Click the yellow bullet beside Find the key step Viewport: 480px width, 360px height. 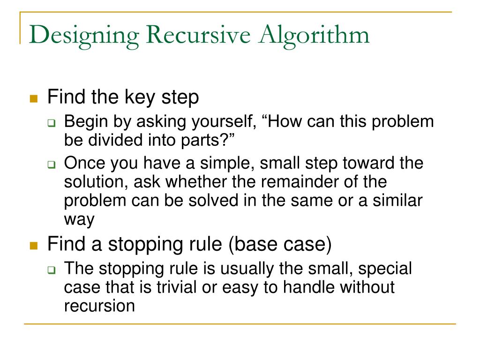33,99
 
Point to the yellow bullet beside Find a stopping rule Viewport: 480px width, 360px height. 33,246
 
